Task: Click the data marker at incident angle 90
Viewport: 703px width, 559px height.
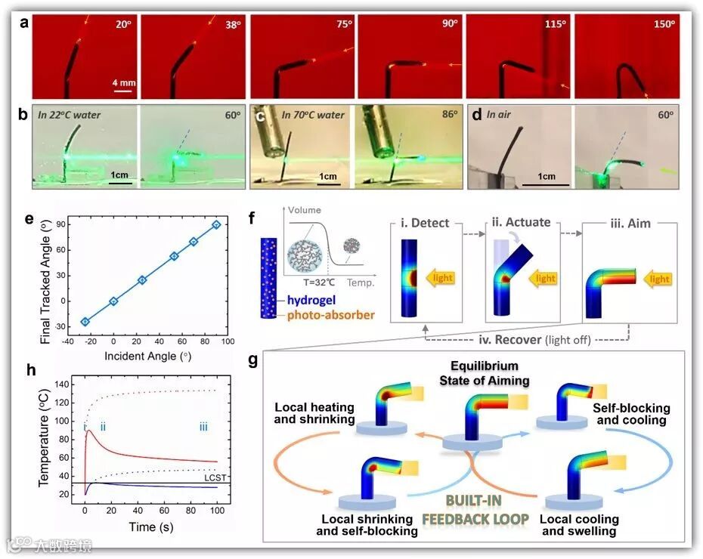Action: [x=216, y=224]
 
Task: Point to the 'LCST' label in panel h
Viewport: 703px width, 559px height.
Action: [x=215, y=477]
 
